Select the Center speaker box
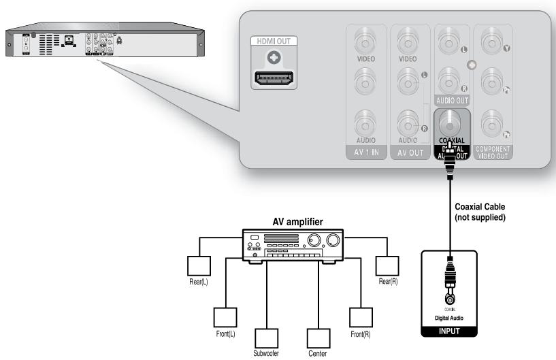317,338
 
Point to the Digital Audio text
449,318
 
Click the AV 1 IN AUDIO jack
366,122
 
